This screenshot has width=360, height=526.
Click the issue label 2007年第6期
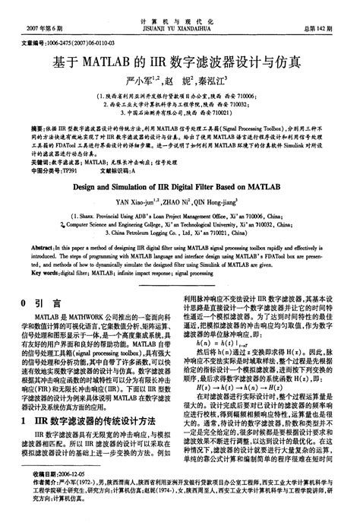[x=28, y=28]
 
